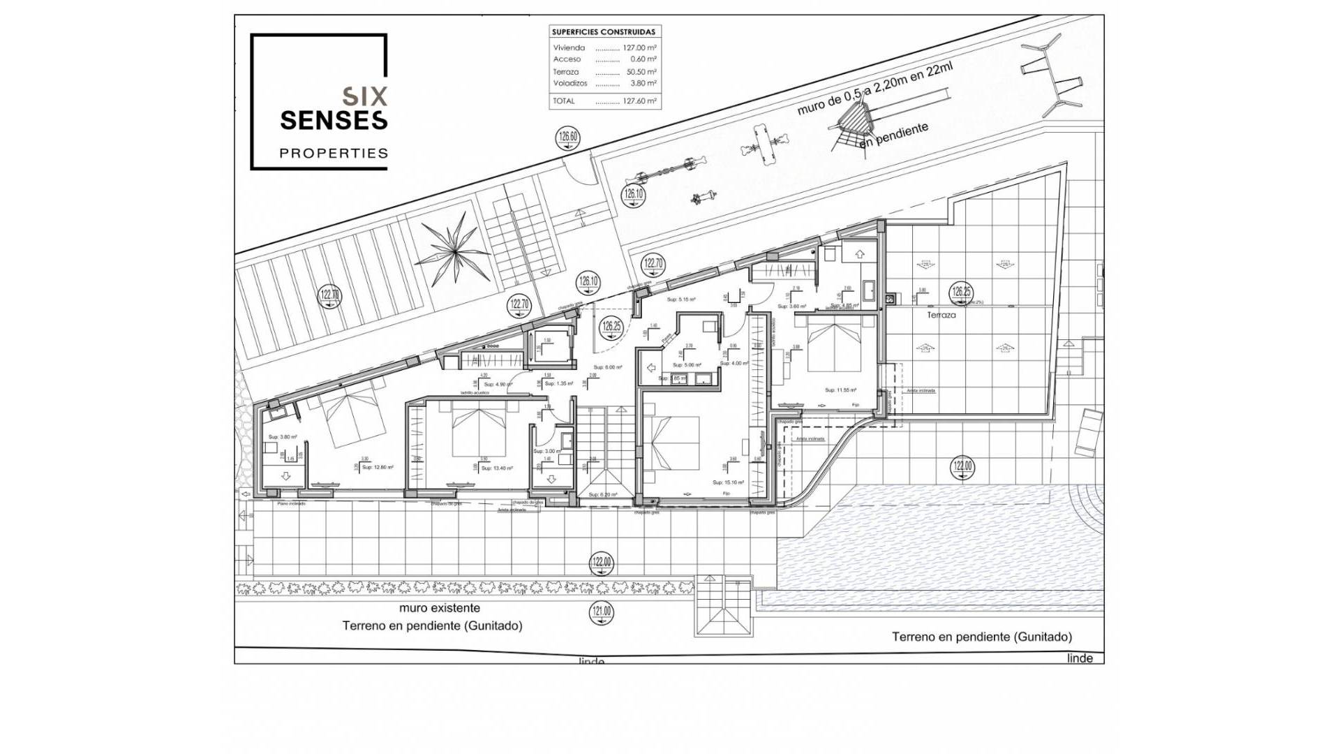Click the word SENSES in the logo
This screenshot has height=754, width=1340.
click(334, 120)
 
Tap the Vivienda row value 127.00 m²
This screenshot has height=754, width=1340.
click(639, 48)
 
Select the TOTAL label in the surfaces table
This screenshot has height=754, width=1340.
click(564, 101)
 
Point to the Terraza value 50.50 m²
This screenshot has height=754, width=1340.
click(641, 72)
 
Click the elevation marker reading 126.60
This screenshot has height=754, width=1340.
click(568, 138)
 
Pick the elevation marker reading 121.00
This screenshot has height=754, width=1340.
click(601, 613)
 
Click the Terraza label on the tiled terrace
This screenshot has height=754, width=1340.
click(941, 316)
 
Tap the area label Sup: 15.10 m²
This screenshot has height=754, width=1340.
click(728, 482)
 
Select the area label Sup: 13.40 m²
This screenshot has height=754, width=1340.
click(497, 468)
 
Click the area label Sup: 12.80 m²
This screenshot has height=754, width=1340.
click(378, 467)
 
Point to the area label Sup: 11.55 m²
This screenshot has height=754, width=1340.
click(840, 390)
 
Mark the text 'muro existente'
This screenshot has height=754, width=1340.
click(440, 608)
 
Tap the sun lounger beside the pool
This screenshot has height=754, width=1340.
click(1088, 433)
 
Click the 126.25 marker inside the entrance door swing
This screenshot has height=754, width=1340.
click(611, 327)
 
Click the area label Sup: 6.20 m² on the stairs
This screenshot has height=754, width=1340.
click(602, 494)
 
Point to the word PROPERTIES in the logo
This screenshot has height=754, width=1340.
click(334, 153)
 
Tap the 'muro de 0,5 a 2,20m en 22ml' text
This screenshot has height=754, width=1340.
click(875, 89)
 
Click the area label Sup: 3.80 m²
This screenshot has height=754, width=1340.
click(283, 437)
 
